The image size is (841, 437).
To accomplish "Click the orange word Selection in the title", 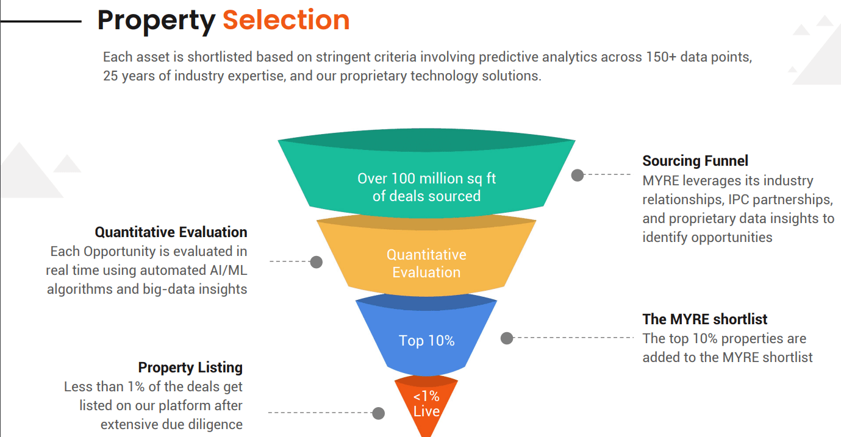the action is pyautogui.click(x=286, y=20).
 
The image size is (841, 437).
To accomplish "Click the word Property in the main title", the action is pyautogui.click(x=156, y=22).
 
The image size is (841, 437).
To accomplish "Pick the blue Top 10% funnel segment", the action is pyautogui.click(x=426, y=336).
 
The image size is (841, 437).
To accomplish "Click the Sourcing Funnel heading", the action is pyautogui.click(x=695, y=161).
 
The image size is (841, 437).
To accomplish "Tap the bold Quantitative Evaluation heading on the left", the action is pyautogui.click(x=171, y=232).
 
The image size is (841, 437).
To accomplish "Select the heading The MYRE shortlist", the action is pyautogui.click(x=705, y=319).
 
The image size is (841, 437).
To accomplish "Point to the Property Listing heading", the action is pyautogui.click(x=190, y=368).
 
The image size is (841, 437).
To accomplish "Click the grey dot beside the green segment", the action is pyautogui.click(x=578, y=175).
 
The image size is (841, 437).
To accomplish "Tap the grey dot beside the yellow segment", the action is pyautogui.click(x=317, y=262).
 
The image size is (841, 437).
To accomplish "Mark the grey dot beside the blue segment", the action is pyautogui.click(x=507, y=338).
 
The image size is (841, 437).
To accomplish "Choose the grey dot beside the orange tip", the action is pyautogui.click(x=379, y=413).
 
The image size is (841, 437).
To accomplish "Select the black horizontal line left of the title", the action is pyautogui.click(x=40, y=21).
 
